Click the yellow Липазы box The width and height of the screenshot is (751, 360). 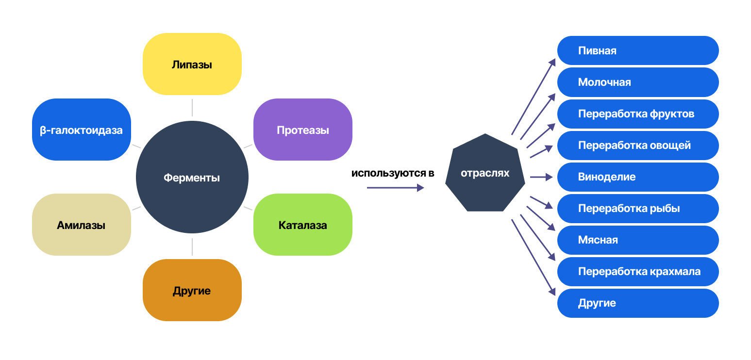coord(192,64)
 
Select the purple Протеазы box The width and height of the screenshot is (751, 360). coord(302,130)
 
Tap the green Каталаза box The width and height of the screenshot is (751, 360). coord(302,225)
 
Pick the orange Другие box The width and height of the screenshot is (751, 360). coord(192,290)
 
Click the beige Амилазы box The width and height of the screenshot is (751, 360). coord(81,225)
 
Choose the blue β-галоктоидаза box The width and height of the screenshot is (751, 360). coord(81,130)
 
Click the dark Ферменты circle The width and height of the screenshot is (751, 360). coord(192,178)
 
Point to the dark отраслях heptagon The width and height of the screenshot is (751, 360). coord(485,173)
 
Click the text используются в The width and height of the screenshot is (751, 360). coord(393,173)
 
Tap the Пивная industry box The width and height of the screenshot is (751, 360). coord(637,50)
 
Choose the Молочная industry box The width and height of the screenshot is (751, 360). coord(637,82)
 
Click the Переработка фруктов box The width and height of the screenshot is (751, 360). coord(637,114)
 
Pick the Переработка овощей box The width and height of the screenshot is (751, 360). coord(637,146)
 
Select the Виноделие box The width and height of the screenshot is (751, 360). coord(637,177)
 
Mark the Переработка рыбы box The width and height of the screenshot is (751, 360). coord(637,209)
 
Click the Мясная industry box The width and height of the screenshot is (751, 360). coord(637,240)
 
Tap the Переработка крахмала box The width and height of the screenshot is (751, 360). coord(637,272)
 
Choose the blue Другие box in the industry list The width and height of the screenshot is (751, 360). coord(637,303)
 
